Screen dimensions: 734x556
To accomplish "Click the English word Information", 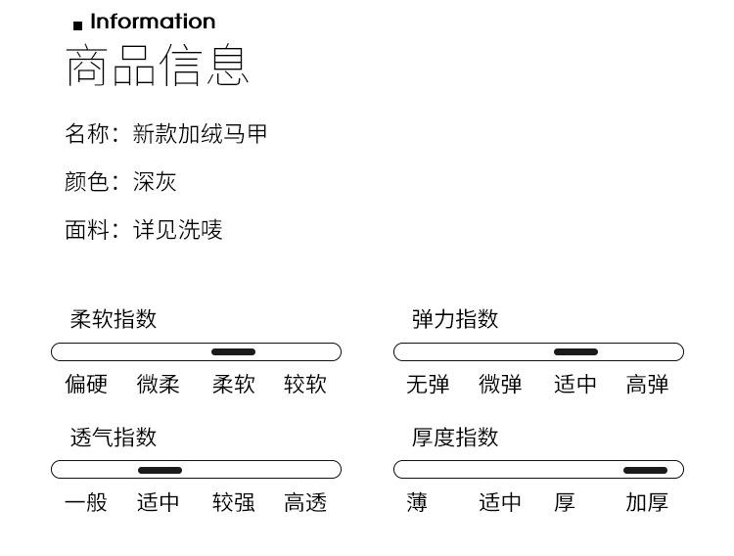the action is click(153, 22).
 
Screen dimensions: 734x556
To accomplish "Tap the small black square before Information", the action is click(78, 25).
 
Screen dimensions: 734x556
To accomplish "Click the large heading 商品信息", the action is click(158, 66).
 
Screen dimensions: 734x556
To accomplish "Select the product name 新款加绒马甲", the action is click(201, 134).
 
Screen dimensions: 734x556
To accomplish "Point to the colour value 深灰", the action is click(155, 182).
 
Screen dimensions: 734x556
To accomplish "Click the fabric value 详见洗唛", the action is click(178, 230).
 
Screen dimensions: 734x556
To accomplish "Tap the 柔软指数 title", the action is click(114, 319).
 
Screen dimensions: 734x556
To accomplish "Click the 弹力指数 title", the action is click(455, 319).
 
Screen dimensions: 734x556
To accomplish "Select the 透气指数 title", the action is click(114, 438).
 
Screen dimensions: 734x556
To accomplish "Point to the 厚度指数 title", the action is click(455, 438).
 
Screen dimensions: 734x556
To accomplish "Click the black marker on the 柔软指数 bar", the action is click(233, 352).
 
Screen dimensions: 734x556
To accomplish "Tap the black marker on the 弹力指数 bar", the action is click(575, 352).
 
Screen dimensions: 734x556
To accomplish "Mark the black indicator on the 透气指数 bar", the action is click(160, 471).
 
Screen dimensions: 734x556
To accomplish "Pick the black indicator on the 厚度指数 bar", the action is click(645, 471).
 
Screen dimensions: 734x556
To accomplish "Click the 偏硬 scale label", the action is click(86, 385).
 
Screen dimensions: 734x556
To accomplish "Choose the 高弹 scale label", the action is click(647, 385).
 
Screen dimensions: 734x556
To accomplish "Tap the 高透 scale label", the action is click(305, 503).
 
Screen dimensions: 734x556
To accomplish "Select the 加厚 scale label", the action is click(647, 503).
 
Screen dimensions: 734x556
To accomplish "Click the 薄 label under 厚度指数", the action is click(418, 503).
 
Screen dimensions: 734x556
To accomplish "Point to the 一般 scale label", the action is click(86, 503).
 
